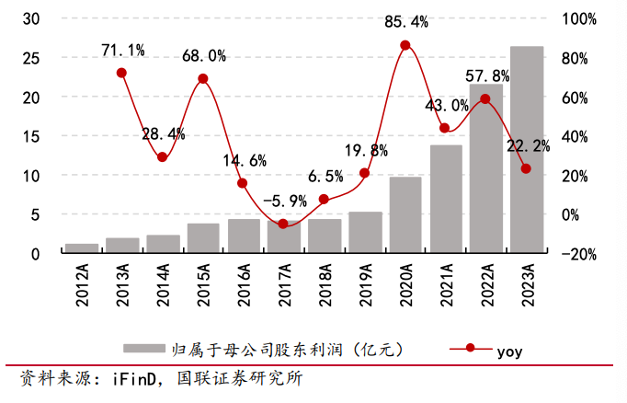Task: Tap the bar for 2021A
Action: [x=446, y=199]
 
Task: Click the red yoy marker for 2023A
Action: [x=526, y=168]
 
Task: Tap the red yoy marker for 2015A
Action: [x=203, y=79]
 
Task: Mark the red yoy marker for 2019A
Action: [x=364, y=173]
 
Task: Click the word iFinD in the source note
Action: [x=135, y=378]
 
